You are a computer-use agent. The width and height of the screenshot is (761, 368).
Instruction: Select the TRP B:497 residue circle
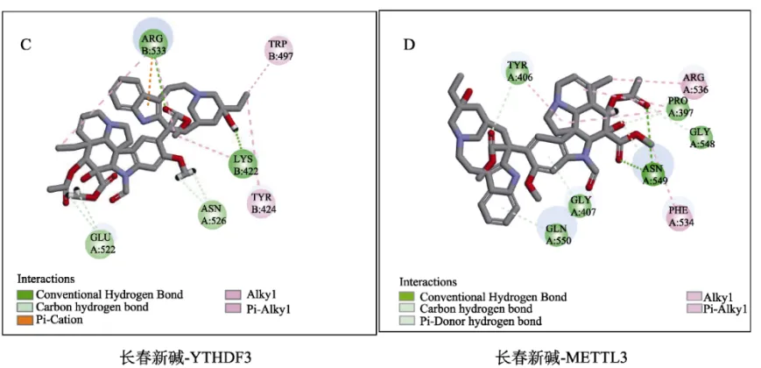click(x=279, y=50)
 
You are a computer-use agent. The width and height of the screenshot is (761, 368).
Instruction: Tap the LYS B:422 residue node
click(x=244, y=163)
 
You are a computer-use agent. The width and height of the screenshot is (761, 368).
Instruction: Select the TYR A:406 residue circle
click(x=518, y=70)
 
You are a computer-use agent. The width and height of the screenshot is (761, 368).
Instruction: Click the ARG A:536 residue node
click(x=695, y=83)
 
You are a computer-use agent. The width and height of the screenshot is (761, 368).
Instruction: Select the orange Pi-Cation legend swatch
click(x=25, y=321)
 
